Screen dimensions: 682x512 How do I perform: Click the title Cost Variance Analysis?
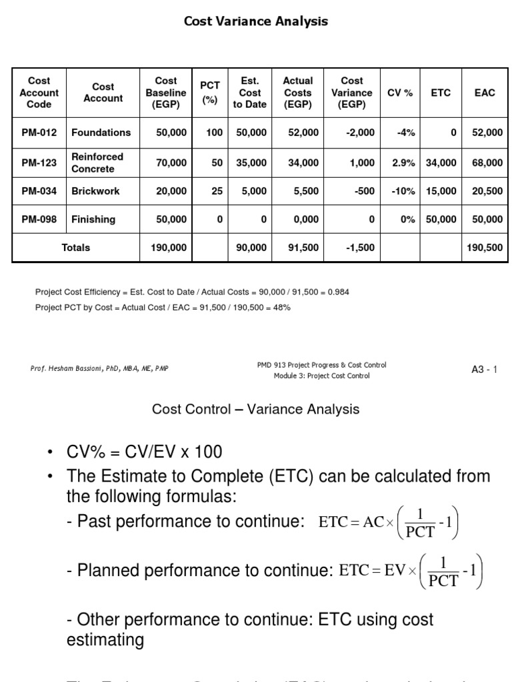coord(256,21)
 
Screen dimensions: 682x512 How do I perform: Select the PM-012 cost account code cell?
coord(39,133)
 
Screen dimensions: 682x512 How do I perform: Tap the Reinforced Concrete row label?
coord(97,163)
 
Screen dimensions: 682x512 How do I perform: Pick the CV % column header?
coord(400,93)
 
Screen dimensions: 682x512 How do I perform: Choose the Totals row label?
coord(76,248)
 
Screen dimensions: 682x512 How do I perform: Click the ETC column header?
coord(441,93)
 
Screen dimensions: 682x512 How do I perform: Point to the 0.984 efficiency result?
coord(338,292)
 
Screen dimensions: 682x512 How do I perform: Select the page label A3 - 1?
coord(485,370)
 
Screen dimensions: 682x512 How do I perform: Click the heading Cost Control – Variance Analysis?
coord(256,410)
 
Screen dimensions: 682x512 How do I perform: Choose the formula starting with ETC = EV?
coord(410,571)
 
